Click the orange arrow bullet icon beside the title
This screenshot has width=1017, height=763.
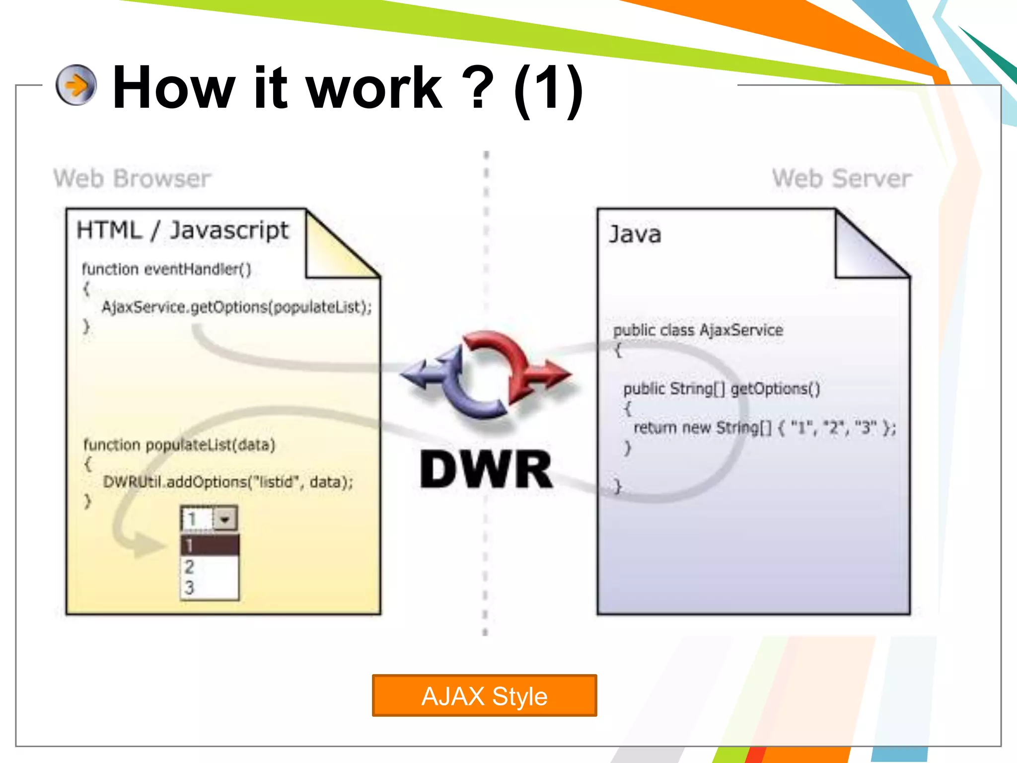pos(76,85)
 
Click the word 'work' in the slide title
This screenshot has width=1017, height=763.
pos(374,88)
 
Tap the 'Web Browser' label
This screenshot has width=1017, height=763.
pos(132,178)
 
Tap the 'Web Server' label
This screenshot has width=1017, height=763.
pos(842,178)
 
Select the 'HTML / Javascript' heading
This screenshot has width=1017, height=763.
pos(182,230)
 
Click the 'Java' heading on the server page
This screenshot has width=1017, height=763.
pos(635,234)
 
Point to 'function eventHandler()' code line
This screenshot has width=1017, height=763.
pos(166,269)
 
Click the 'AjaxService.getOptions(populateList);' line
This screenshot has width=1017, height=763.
pos(236,307)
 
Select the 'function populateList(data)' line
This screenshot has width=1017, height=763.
pos(179,445)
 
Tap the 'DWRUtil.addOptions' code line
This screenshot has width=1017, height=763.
pos(228,482)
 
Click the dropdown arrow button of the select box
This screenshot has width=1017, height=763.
pos(225,519)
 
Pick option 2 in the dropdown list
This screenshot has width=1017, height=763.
pos(190,567)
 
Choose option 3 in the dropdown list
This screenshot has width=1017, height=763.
pos(190,588)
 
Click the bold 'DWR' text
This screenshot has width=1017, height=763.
pos(486,469)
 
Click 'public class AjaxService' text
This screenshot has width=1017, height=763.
pos(698,330)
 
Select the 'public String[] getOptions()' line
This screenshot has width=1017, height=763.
pos(721,388)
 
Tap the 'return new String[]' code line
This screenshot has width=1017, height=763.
pos(764,428)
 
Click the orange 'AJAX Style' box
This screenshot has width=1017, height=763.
pos(484,695)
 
